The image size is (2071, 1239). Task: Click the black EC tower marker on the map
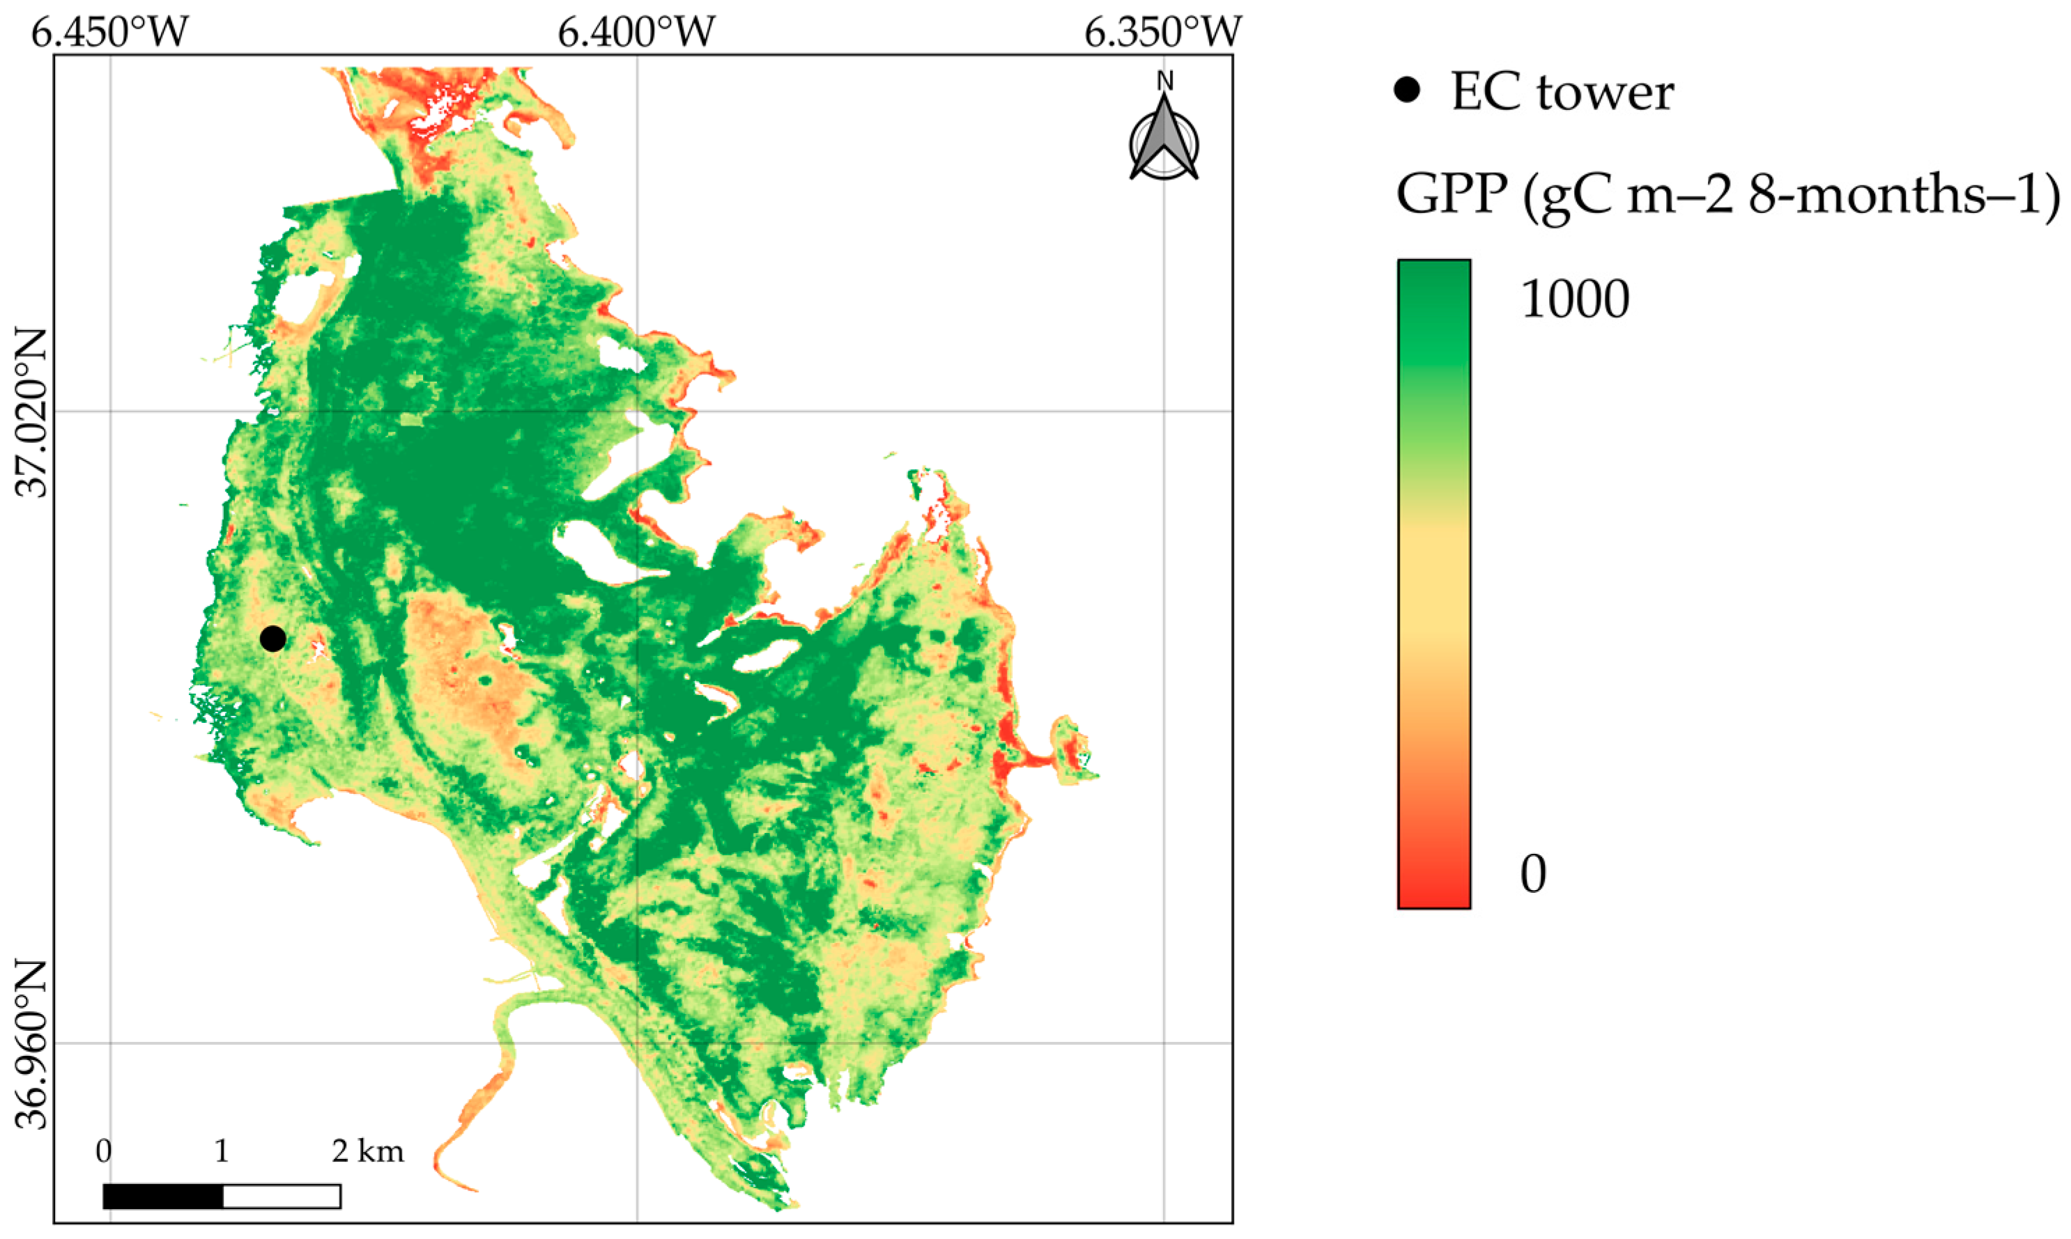[273, 639]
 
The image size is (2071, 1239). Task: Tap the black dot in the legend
[1407, 90]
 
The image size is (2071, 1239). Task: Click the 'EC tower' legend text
[1562, 92]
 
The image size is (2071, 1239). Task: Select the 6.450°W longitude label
[110, 33]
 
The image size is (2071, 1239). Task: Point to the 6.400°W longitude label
[636, 33]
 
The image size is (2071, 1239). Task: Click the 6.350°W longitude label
[1163, 33]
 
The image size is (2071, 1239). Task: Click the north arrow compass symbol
[1164, 142]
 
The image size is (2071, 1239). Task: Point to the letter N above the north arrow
[1165, 81]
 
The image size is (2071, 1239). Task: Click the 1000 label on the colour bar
[1575, 299]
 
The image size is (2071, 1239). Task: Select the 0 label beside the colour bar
[1533, 874]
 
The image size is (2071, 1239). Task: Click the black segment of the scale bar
[163, 1197]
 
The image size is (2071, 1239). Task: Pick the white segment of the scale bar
[282, 1197]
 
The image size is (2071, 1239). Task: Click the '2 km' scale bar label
[367, 1152]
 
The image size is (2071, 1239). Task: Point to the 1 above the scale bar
[222, 1152]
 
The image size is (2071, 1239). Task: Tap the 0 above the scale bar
[104, 1152]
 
